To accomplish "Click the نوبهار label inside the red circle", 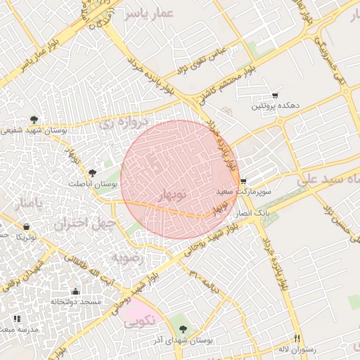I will (170, 193).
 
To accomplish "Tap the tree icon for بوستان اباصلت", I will (92, 172).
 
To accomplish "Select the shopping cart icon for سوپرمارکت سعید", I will (243, 181).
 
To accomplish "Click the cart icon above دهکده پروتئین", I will (275, 96).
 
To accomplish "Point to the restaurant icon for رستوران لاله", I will (297, 338).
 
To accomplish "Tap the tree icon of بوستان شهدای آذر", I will (184, 329).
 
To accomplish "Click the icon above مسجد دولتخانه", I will (75, 291).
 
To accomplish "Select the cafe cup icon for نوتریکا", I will (27, 227).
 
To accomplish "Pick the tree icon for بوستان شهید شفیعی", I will (34, 120).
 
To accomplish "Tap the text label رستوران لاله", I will (297, 349).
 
